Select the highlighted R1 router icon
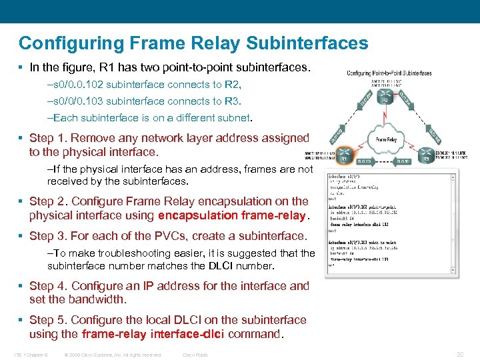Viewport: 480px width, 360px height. (341, 159)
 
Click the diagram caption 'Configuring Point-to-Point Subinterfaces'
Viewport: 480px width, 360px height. (389, 73)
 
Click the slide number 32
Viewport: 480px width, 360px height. (460, 355)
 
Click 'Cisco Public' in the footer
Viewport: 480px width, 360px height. (195, 355)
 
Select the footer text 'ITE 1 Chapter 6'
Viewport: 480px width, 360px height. (31, 355)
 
